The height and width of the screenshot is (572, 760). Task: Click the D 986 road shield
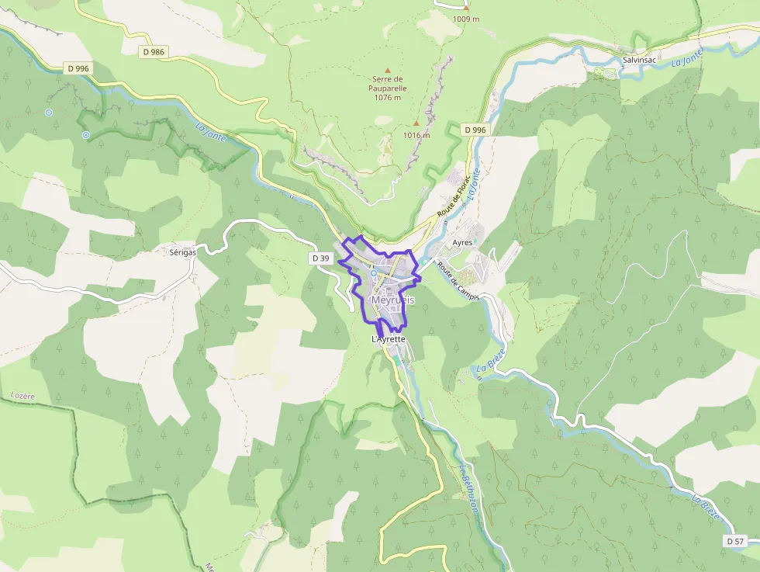(x=154, y=52)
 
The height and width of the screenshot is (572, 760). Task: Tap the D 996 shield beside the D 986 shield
(x=79, y=68)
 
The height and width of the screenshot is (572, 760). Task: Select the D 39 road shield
(x=320, y=258)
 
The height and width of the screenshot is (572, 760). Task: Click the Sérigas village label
(x=183, y=252)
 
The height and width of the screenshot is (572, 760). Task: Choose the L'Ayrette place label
(x=389, y=340)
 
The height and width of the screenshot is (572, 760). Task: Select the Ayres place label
(x=463, y=243)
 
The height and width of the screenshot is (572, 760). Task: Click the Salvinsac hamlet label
(x=640, y=60)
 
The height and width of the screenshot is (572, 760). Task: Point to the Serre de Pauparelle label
(x=389, y=88)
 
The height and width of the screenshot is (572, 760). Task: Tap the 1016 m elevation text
(x=416, y=135)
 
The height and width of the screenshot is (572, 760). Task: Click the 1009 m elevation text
(x=466, y=19)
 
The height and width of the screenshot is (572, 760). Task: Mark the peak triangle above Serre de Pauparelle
(x=389, y=71)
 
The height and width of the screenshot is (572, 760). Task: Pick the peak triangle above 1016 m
(x=416, y=123)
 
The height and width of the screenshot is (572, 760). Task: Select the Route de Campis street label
(x=458, y=280)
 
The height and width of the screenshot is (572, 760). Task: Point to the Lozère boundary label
(x=23, y=396)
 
